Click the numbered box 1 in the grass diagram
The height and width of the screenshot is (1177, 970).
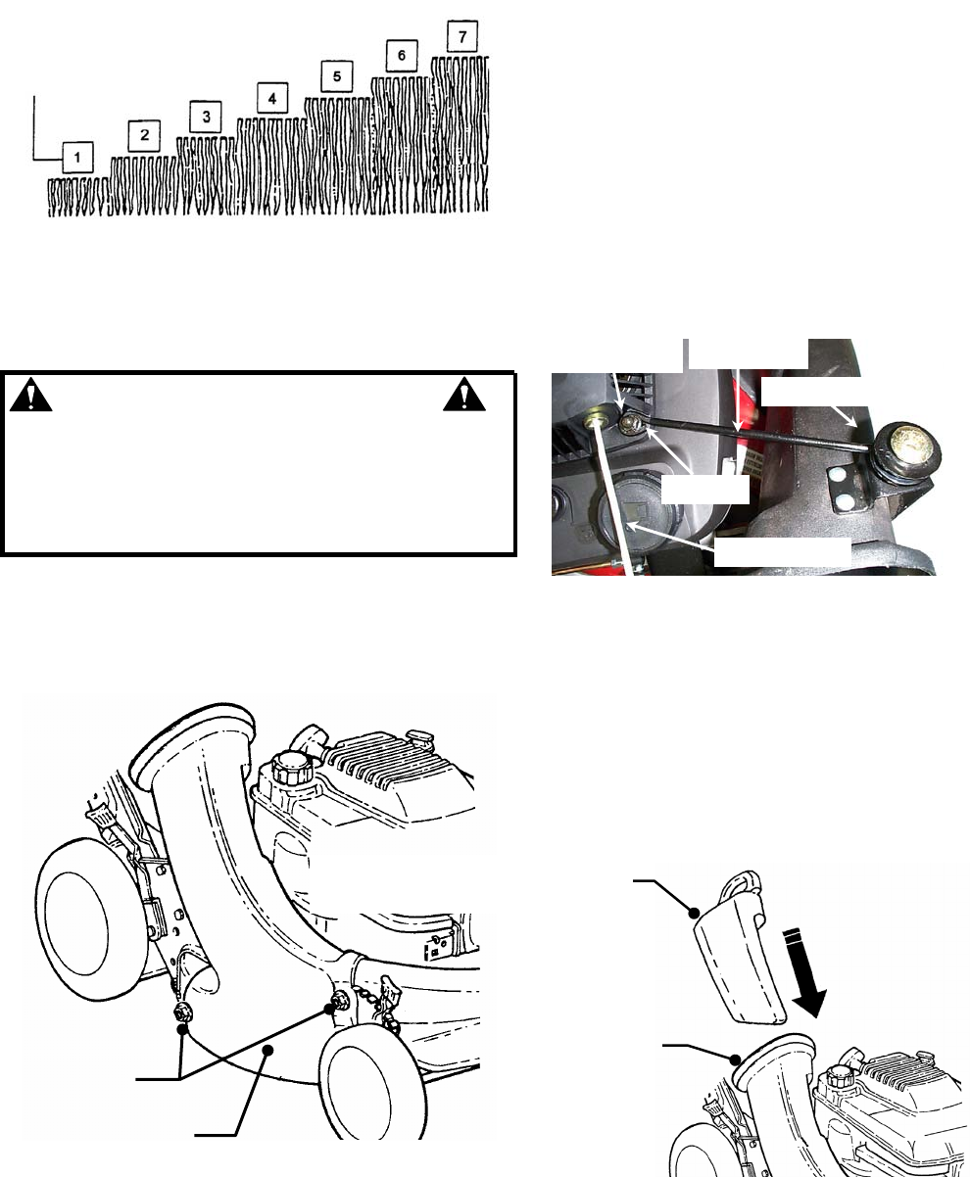click(77, 158)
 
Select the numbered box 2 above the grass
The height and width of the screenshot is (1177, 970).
click(144, 136)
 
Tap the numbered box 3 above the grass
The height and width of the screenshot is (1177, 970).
click(206, 117)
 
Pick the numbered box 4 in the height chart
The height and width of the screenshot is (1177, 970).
click(272, 98)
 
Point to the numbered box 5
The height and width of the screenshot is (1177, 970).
click(337, 76)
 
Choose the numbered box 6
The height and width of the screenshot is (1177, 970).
click(402, 55)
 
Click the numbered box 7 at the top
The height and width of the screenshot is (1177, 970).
click(462, 36)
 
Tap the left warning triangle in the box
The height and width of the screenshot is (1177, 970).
click(31, 396)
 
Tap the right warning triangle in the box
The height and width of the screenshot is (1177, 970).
click(464, 395)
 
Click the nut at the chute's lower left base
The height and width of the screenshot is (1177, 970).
click(183, 1012)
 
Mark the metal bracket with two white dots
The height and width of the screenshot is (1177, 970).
click(845, 487)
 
